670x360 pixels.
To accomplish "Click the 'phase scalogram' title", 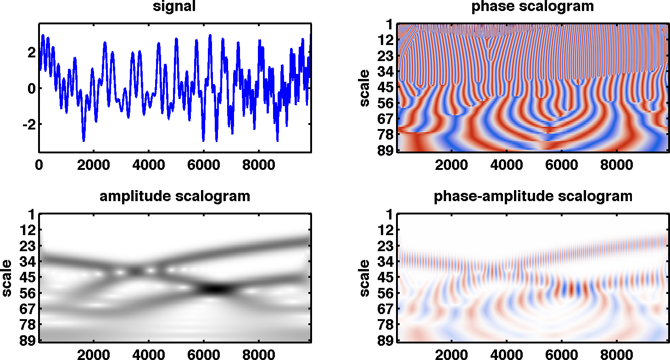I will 532,6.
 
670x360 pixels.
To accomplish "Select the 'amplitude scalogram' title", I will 175,197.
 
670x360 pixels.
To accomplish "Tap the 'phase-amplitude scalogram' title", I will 533,197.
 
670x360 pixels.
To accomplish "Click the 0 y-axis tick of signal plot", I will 30,88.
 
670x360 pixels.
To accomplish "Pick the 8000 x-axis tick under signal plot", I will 258,164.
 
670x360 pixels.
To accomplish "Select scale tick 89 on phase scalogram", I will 386,151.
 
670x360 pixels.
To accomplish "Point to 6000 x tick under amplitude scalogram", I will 203,354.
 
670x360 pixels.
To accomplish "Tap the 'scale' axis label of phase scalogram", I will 365,88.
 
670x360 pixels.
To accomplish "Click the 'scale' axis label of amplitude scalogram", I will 7,278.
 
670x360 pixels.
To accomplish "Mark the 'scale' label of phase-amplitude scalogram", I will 365,278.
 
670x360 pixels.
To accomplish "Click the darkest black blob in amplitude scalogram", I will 216,289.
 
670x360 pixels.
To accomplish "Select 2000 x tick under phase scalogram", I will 452,164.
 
